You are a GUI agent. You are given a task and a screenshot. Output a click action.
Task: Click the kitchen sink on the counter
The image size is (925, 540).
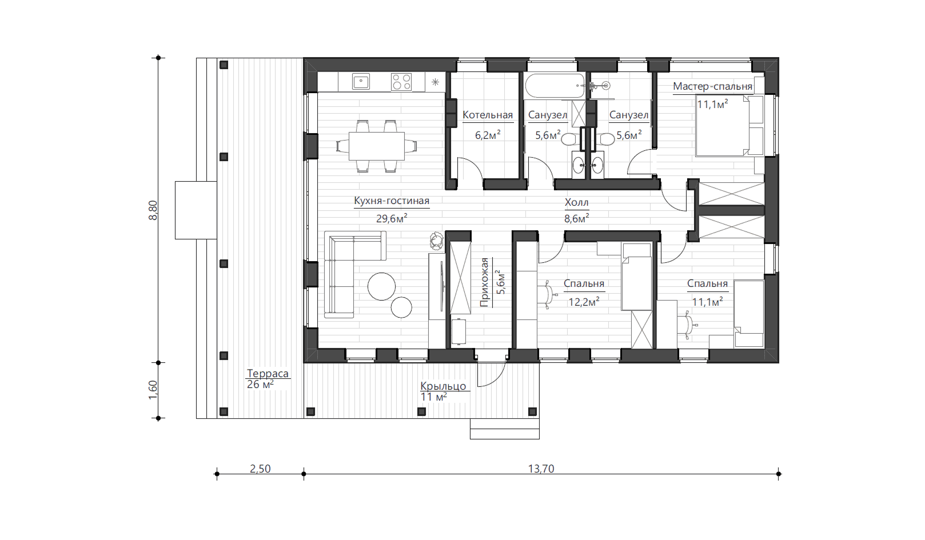pos(361,81)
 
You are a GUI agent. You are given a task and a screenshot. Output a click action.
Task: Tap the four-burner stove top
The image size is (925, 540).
pos(401,81)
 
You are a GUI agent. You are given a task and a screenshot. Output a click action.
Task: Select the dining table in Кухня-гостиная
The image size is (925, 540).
pos(377,146)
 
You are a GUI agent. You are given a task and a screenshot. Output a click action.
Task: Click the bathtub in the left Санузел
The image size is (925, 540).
pos(555,86)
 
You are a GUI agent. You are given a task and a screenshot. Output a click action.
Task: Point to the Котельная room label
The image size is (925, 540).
pos(488,115)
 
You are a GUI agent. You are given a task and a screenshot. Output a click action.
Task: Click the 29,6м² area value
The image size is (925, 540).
pos(392,218)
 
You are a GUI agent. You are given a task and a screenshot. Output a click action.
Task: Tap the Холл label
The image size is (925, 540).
pos(576,202)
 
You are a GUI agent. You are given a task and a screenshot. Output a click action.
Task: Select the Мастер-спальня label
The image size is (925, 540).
pos(713,86)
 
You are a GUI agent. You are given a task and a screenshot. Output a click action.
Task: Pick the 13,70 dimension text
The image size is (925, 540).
pos(541,469)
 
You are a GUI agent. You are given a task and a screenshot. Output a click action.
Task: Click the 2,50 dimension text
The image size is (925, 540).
pos(260,469)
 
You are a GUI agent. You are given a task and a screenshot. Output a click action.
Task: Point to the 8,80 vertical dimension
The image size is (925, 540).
pos(153,210)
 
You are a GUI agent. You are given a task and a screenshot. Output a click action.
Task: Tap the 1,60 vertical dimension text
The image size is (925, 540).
pos(153,390)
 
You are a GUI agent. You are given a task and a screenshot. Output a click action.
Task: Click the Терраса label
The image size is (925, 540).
pos(268,373)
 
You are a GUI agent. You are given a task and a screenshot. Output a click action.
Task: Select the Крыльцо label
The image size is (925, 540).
pos(443,386)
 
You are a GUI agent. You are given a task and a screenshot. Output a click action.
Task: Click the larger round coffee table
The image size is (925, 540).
pos(381,286)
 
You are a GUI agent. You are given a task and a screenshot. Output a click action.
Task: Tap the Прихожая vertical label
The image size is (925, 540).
pos(484,282)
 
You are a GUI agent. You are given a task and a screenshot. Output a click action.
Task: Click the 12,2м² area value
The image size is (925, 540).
pos(584,302)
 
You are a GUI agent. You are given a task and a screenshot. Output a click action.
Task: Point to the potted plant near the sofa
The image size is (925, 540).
pos(436,240)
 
